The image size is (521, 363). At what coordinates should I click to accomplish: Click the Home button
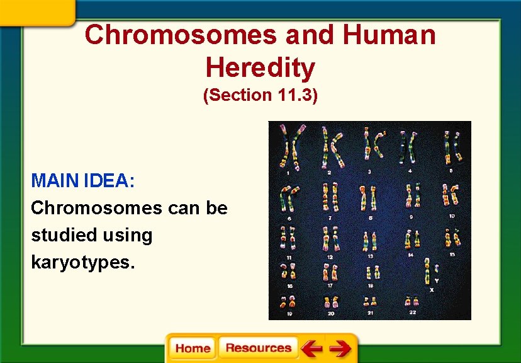coord(193,349)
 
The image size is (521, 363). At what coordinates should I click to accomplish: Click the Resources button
coord(258,349)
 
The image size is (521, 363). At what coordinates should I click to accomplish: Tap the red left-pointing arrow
coord(311,349)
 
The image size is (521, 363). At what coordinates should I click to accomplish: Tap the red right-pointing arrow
coord(340,349)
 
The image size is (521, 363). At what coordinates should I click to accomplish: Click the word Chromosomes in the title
coord(181,35)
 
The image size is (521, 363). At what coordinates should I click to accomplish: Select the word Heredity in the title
coord(260,67)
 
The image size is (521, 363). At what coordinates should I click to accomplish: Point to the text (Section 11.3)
coord(260,95)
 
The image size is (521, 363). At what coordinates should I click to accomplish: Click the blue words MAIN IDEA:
coord(83,181)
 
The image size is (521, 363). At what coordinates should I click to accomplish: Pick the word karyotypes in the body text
coord(82,262)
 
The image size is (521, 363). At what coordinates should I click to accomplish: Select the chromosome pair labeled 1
coord(291,147)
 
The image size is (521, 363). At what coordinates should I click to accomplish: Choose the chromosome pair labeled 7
coord(329,197)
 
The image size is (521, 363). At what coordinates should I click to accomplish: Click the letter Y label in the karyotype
coord(437,280)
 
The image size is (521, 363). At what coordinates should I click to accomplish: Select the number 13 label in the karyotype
coord(370,256)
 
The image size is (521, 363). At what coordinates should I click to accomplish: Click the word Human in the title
coord(389,35)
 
